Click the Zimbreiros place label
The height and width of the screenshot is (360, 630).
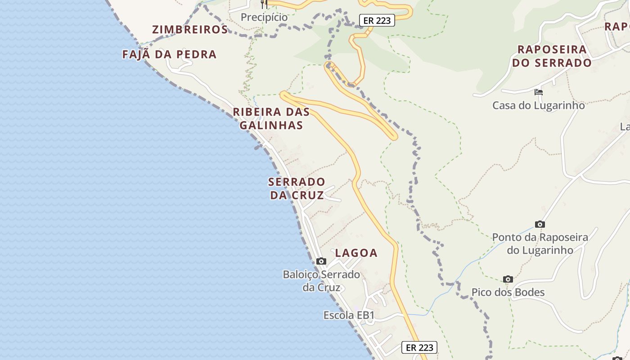[x=190, y=30]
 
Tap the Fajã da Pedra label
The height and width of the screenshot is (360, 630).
[x=169, y=54]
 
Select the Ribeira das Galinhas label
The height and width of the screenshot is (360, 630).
[x=271, y=118]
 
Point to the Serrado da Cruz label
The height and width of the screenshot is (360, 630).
[x=297, y=189]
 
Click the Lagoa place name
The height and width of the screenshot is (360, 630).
[x=356, y=253]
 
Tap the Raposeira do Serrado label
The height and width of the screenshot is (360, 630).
[x=552, y=56]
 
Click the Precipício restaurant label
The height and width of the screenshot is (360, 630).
[x=264, y=17]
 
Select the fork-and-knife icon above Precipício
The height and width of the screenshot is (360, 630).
[x=264, y=4]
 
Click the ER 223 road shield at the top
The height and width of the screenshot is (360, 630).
[x=377, y=20]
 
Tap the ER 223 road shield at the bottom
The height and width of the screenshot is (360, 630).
[x=419, y=347]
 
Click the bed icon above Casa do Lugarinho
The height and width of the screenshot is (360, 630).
[x=538, y=92]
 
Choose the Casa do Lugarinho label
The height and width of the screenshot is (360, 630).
[x=538, y=106]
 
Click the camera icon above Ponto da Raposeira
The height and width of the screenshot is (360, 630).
[x=540, y=224]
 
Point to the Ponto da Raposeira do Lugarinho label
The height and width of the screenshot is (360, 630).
[x=540, y=243]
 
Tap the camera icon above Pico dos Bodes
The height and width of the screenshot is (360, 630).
[x=508, y=279]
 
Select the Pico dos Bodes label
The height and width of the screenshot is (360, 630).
[x=508, y=292]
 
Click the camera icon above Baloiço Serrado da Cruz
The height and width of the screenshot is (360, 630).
[x=321, y=261]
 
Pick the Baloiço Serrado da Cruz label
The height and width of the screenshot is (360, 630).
[x=321, y=281]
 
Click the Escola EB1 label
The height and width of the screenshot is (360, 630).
[x=349, y=315]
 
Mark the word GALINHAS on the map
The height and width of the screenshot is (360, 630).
[x=271, y=125]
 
